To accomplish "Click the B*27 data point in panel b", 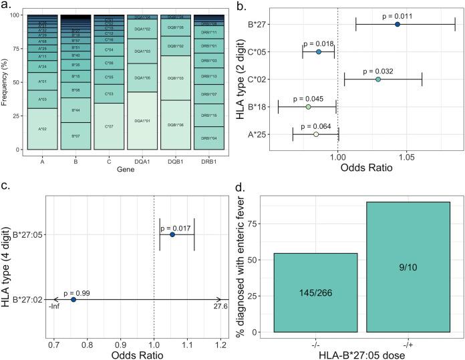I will coord(398,24).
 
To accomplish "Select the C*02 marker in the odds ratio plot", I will coord(378,79).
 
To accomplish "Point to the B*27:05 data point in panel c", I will coord(172,234).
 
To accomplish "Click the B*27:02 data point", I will coord(73,300).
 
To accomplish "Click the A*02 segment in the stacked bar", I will coord(42,129).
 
